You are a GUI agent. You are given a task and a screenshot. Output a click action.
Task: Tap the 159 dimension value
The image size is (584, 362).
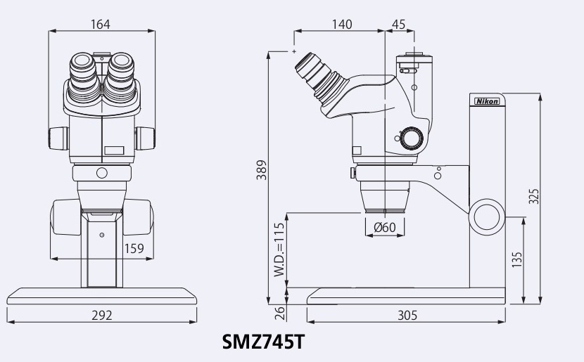(x=134, y=247)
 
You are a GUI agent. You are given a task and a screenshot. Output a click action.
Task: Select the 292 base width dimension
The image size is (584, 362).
(x=102, y=315)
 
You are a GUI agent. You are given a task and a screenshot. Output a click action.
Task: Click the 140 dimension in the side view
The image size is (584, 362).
(x=341, y=25)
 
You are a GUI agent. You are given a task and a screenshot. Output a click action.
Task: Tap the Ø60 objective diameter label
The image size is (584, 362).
(x=385, y=226)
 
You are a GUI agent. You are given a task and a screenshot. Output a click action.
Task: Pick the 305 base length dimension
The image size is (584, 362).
(x=407, y=315)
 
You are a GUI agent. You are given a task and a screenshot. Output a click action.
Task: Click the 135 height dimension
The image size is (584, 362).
(x=517, y=260)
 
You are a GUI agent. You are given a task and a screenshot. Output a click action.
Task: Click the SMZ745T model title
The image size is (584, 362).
(x=263, y=343)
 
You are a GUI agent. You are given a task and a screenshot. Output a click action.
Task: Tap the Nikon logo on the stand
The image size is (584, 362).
(x=487, y=101)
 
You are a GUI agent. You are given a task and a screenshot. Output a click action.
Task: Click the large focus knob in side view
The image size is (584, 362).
(x=488, y=216)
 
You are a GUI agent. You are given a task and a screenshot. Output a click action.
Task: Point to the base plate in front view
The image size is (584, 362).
(x=101, y=295)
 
